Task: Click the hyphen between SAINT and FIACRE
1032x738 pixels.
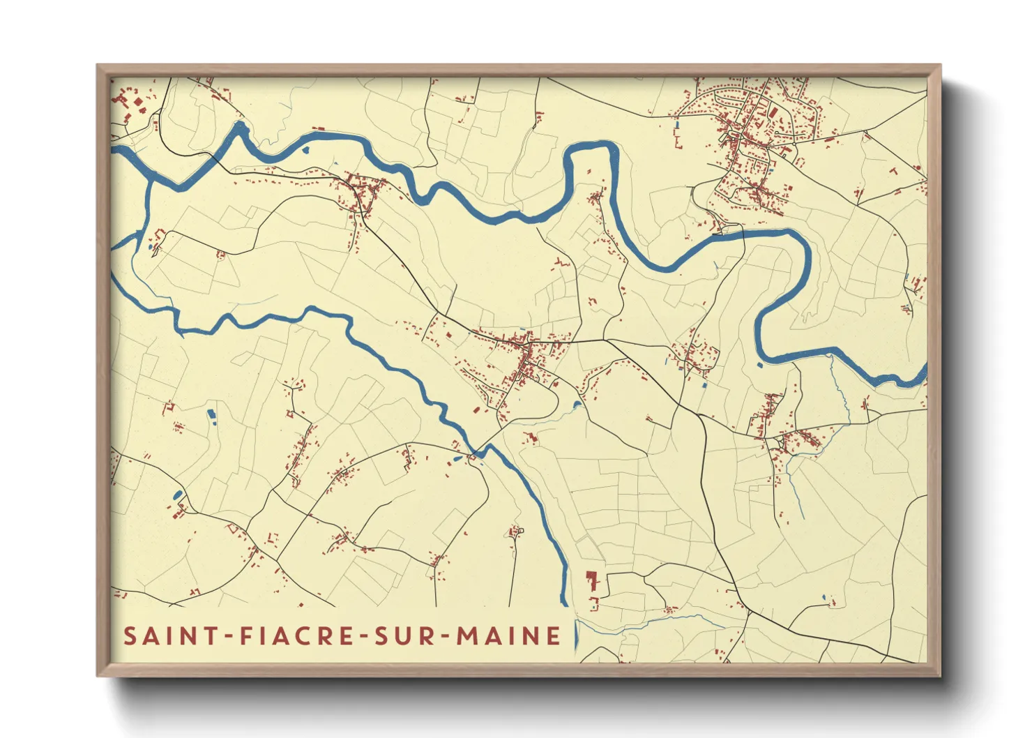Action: (230, 636)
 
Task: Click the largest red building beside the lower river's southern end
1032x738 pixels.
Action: (593, 580)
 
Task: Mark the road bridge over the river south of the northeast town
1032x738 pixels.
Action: (743, 233)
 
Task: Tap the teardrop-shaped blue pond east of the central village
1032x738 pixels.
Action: (577, 404)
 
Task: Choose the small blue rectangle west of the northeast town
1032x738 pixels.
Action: (676, 125)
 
